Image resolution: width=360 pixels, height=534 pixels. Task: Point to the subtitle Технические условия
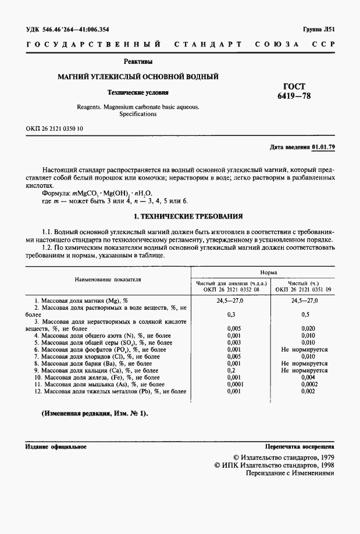(x=138, y=92)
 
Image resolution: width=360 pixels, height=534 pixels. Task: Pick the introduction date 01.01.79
(x=323, y=147)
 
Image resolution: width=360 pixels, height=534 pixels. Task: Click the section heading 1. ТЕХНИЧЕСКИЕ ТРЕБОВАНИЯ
(x=180, y=216)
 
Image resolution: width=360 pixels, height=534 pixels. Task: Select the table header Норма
(x=268, y=272)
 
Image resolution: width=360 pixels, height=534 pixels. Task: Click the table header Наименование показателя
(x=108, y=279)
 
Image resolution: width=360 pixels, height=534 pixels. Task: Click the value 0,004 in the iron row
(x=304, y=377)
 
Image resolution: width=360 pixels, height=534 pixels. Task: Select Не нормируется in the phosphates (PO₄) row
(x=304, y=350)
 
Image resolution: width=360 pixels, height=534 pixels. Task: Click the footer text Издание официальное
(x=56, y=447)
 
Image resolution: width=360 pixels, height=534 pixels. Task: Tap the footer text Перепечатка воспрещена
(x=300, y=447)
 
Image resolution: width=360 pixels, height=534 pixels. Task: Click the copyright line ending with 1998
(x=275, y=465)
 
